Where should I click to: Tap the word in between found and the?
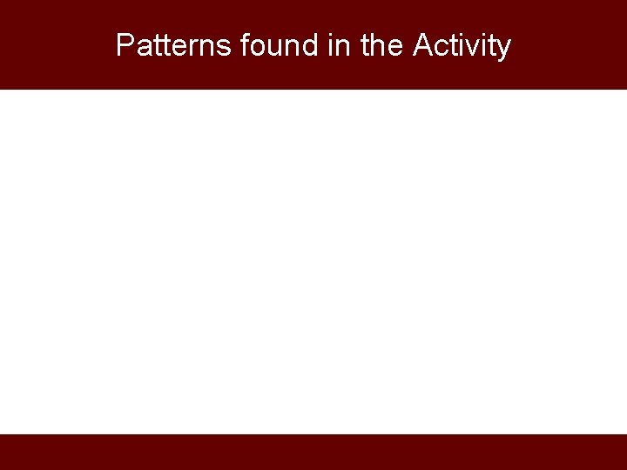click(340, 45)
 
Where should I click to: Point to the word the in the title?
click(380, 45)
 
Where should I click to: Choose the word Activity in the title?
click(462, 45)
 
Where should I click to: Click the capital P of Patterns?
click(125, 45)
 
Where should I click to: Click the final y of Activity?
click(503, 48)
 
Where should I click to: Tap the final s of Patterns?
click(224, 47)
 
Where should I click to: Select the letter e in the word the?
click(394, 47)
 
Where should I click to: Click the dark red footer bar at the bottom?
click(313, 452)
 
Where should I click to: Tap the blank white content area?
click(313, 261)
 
